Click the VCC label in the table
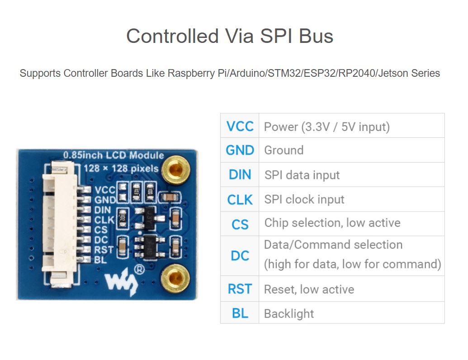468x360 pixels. point(240,126)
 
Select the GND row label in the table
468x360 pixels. point(240,150)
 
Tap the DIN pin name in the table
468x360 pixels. point(240,174)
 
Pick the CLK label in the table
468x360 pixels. point(240,199)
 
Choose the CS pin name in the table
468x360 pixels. point(240,224)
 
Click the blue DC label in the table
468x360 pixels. point(240,256)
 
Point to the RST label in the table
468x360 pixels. point(240,289)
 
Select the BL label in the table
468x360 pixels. point(240,313)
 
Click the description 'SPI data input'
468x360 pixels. point(302,175)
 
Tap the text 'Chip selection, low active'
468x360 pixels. point(332,223)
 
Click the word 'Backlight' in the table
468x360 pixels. point(288,313)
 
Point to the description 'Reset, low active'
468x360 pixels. point(309,289)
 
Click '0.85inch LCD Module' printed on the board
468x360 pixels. point(113,155)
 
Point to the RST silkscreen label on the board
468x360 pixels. point(104,249)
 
